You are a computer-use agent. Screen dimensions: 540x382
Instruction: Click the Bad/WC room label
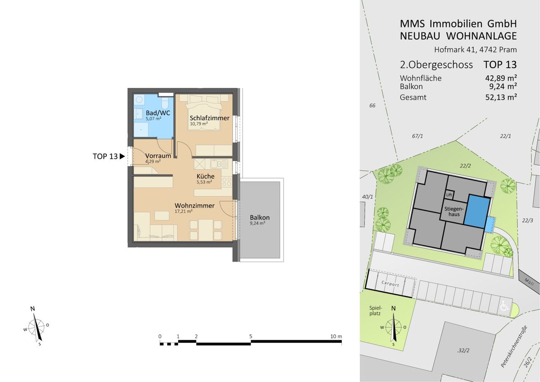(x=158, y=113)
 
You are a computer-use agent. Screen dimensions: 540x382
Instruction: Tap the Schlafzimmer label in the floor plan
(x=210, y=118)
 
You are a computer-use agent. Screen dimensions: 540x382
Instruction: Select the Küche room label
(x=205, y=176)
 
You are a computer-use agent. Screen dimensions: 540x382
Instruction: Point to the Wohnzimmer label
(x=194, y=206)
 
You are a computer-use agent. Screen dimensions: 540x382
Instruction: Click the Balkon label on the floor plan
(x=259, y=217)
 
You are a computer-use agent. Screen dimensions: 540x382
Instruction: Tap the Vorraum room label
(x=158, y=156)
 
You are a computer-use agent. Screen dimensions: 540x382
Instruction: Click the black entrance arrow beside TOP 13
(x=122, y=156)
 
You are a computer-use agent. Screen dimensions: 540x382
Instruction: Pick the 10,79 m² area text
(x=199, y=124)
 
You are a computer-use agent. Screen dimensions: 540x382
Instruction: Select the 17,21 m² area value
(x=184, y=211)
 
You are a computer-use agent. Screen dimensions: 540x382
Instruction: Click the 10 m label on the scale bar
(x=336, y=336)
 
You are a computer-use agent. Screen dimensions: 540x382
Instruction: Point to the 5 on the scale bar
(x=251, y=336)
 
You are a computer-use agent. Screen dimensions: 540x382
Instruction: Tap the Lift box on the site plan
(x=449, y=195)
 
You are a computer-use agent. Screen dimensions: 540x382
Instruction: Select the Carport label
(x=390, y=284)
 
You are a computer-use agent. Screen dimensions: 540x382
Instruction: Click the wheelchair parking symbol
(x=505, y=306)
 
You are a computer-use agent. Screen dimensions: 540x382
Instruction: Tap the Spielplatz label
(x=375, y=311)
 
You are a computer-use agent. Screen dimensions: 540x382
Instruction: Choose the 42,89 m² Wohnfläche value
(x=501, y=78)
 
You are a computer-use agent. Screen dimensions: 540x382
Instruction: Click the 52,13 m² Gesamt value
(x=501, y=97)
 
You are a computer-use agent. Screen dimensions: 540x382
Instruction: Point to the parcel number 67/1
(x=417, y=136)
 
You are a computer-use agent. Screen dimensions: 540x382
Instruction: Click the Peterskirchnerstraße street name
(x=514, y=347)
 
